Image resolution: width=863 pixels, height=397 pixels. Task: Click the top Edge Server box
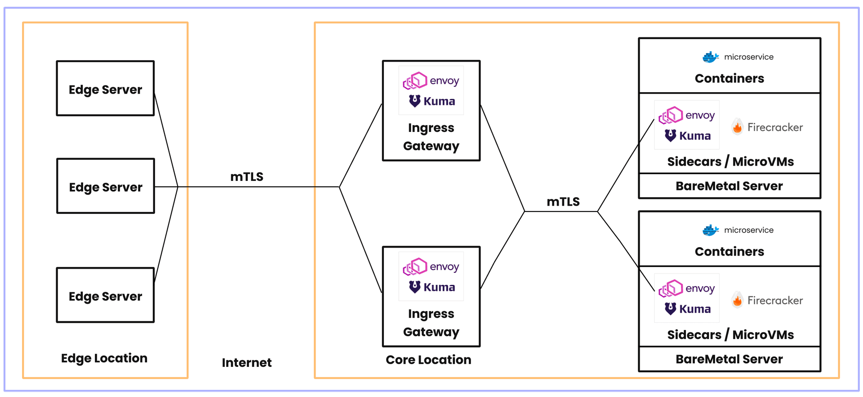[105, 89]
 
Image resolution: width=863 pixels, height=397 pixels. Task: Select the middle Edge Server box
[106, 186]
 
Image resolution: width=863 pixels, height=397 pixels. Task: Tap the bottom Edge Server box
[105, 295]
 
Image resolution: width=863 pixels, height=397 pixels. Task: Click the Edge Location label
[104, 358]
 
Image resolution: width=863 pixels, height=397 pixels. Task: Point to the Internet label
[246, 362]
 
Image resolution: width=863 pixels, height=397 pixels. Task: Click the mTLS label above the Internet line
[247, 176]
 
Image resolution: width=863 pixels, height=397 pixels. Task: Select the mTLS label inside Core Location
[563, 202]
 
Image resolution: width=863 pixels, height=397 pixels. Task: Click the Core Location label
[428, 360]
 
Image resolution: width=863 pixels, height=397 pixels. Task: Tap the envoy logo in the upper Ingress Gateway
[431, 81]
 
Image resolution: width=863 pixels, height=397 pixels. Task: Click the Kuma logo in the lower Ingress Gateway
[431, 287]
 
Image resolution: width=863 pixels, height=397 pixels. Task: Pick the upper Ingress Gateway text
[431, 137]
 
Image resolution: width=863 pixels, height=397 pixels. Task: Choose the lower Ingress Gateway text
[431, 323]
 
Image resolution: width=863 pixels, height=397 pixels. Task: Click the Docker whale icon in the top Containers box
[710, 57]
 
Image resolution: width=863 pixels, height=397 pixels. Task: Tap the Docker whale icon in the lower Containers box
[710, 230]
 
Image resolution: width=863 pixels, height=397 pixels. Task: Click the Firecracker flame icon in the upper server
[737, 127]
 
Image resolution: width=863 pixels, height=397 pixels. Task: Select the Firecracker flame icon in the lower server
[737, 300]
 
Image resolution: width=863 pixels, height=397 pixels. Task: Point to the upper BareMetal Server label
[729, 186]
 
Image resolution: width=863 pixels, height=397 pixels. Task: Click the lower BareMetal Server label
[729, 359]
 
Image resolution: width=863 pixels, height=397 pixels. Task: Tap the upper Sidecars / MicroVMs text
[730, 161]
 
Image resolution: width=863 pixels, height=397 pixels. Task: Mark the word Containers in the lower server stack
[729, 251]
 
